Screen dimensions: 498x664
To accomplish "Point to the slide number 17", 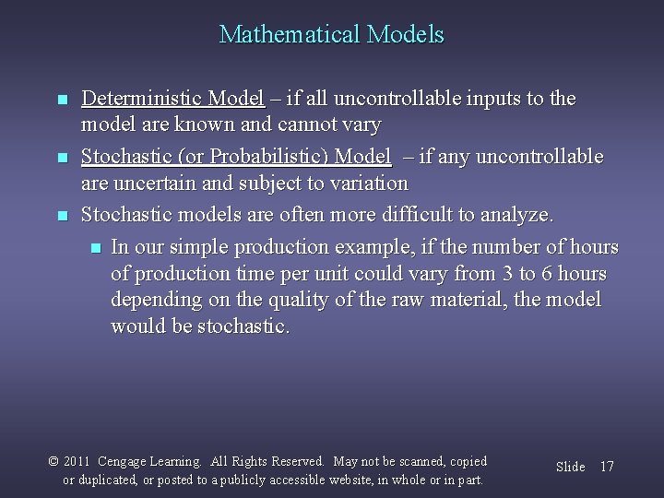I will (x=607, y=467).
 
